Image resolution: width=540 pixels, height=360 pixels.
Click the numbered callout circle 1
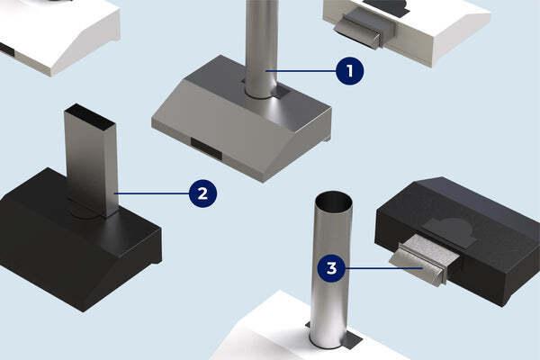tap(349, 71)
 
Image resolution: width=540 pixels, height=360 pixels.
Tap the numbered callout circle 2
tap(202, 193)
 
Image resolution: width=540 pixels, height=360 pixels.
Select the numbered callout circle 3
tap(331, 268)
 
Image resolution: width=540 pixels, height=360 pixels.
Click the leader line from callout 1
tap(301, 71)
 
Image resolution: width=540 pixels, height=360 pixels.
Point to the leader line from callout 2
tap(151, 193)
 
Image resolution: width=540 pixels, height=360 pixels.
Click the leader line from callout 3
tap(384, 268)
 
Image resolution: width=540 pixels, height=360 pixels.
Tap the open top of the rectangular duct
tap(90, 116)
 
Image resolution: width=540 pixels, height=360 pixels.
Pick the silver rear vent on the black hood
tap(425, 259)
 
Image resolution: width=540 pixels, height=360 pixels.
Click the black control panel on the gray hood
tap(206, 149)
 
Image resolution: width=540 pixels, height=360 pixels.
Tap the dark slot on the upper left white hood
tap(7, 50)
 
